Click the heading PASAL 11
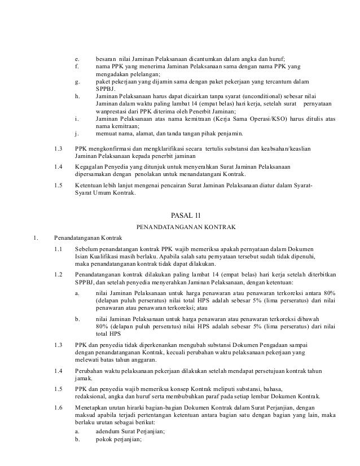pos(185,215)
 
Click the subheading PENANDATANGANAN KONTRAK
pos(185,227)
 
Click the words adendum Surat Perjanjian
pos(130,431)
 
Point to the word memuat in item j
pos(106,134)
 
